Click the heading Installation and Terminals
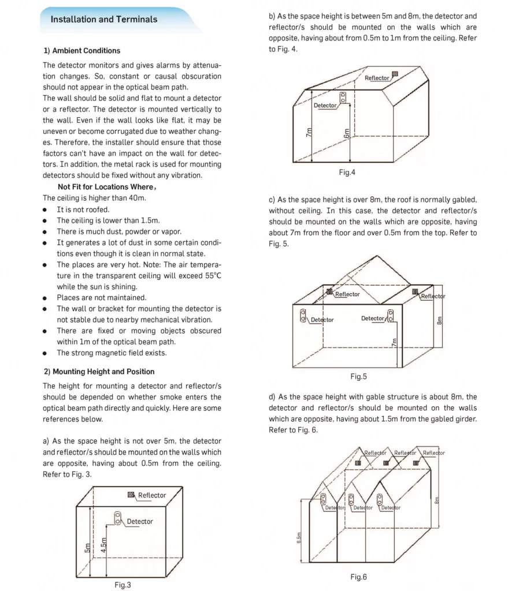tap(104, 19)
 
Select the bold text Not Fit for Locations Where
tap(106, 187)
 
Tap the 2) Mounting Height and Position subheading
tap(99, 371)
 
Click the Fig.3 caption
tap(123, 585)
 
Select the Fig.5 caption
tap(358, 376)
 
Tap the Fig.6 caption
tap(358, 577)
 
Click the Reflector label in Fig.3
tap(152, 495)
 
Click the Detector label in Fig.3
tap(140, 521)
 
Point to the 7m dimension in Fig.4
tap(309, 133)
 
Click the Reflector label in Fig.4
tap(377, 78)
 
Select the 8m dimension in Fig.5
tap(439, 320)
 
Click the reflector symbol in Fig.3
tap(131, 495)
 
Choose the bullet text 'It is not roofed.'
tap(83, 210)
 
